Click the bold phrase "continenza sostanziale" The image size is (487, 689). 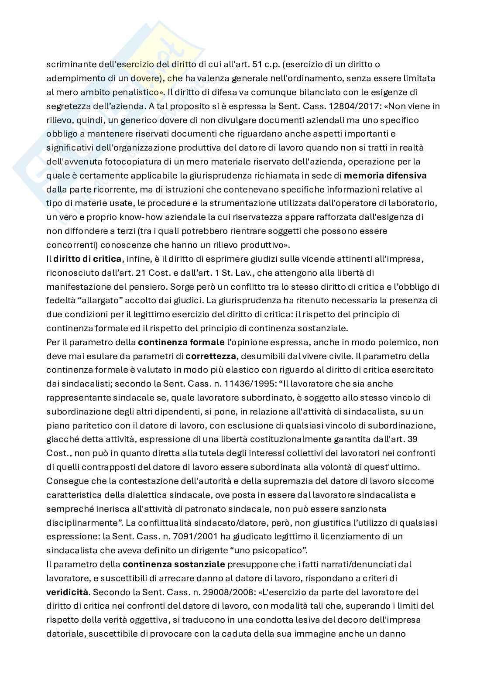coord(174,564)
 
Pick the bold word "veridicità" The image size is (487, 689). coord(67,592)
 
